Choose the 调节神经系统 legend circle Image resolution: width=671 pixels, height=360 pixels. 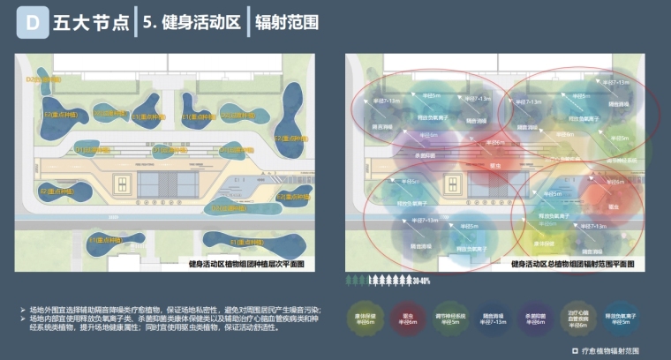(454, 319)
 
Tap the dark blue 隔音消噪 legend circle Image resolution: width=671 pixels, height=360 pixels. (497, 319)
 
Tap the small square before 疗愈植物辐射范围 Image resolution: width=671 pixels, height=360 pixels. (563, 350)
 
